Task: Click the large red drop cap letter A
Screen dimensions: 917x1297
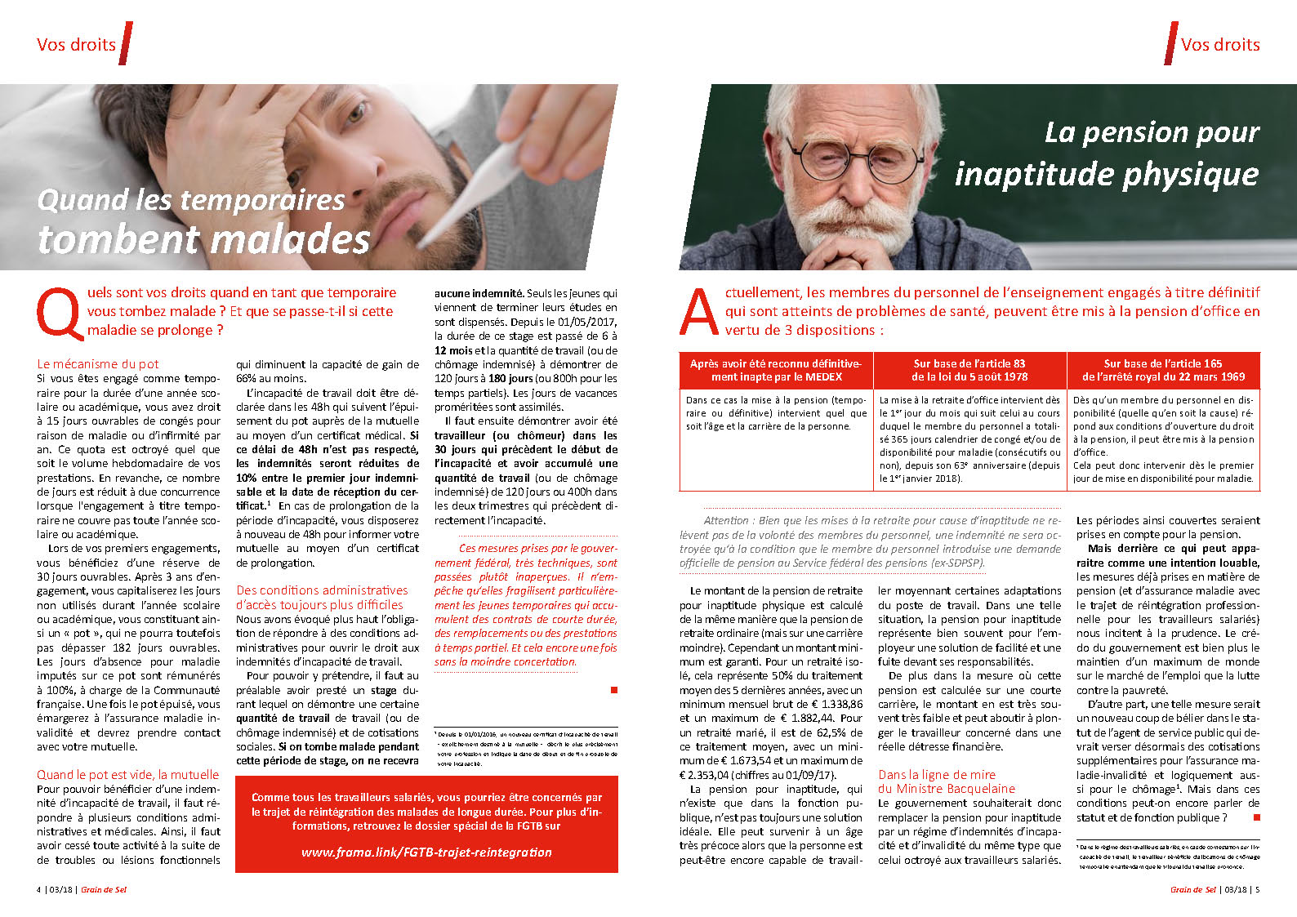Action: pos(699,313)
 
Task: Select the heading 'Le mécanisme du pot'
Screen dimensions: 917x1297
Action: pos(98,364)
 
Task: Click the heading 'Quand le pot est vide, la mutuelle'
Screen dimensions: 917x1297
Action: pos(127,774)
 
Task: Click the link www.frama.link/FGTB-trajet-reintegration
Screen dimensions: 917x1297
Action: pos(426,852)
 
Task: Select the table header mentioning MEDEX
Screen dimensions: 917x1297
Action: pos(776,370)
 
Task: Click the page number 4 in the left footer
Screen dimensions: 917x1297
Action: pos(38,890)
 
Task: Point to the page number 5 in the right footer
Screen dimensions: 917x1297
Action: pos(1257,890)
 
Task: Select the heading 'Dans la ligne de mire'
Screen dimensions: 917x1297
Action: pos(937,774)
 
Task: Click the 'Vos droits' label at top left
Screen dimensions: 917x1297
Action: pos(76,45)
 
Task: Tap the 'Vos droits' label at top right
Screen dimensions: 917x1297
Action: pos(1220,45)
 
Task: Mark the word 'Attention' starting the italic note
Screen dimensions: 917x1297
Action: pos(725,520)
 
